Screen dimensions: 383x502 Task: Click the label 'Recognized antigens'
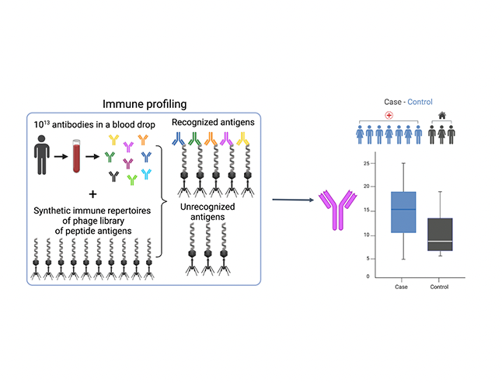pos(207,123)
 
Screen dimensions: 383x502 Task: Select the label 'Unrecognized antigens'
pos(207,214)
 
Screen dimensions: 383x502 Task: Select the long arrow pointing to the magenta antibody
pos(293,200)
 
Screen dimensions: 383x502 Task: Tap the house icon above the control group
pos(441,114)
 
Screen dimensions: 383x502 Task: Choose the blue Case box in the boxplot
pos(403,212)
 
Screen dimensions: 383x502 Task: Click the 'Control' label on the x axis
pos(440,287)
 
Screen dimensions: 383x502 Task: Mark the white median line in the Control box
pos(441,242)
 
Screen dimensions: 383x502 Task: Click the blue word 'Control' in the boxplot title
pos(420,101)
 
